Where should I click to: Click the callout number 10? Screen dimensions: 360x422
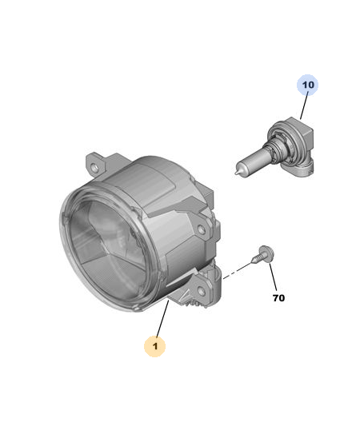pyautogui.click(x=308, y=85)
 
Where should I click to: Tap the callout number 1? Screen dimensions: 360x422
pyautogui.click(x=155, y=346)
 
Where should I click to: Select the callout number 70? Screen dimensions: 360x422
pyautogui.click(x=278, y=298)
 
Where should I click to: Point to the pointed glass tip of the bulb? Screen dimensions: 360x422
pyautogui.click(x=236, y=173)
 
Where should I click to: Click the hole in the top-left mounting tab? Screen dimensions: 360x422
pyautogui.click(x=95, y=168)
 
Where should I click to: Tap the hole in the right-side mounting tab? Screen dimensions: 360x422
pyautogui.click(x=202, y=229)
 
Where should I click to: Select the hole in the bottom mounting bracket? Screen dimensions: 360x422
pyautogui.click(x=201, y=291)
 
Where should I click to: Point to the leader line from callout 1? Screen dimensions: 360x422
pyautogui.click(x=162, y=318)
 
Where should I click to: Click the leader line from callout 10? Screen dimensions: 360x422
pyautogui.click(x=304, y=105)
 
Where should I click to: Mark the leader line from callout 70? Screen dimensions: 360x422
pyautogui.click(x=273, y=277)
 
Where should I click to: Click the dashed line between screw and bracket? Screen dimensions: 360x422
pyautogui.click(x=237, y=271)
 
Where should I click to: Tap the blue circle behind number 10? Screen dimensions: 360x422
pyautogui.click(x=308, y=85)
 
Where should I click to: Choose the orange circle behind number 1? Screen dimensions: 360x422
pyautogui.click(x=154, y=346)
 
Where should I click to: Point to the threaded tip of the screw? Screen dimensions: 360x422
pyautogui.click(x=252, y=261)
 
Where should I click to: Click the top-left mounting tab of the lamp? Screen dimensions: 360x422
pyautogui.click(x=96, y=165)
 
